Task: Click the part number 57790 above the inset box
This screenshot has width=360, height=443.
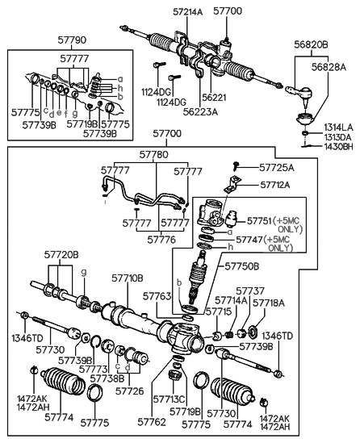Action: [x=72, y=40]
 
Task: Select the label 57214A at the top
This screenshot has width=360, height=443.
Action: [x=187, y=12]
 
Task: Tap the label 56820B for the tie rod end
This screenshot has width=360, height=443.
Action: [x=311, y=44]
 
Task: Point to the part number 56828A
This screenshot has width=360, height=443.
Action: [x=329, y=67]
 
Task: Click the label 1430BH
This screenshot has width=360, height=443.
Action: [x=338, y=147]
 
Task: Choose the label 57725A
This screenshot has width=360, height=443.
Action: [x=277, y=168]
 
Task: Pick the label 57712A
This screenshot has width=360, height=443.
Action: [x=275, y=185]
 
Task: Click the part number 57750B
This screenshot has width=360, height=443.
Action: [x=242, y=266]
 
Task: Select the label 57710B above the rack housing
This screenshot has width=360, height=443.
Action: [x=128, y=278]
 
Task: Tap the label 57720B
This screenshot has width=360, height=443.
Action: [x=61, y=255]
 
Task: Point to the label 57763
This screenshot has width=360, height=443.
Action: [x=157, y=296]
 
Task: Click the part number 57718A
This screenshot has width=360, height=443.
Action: [x=269, y=303]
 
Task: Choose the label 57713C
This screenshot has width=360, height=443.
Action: [x=169, y=399]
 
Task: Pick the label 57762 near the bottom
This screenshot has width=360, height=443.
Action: [x=152, y=422]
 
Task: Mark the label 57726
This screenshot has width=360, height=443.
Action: [x=129, y=391]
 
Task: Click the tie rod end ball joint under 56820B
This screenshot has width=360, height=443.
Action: [x=299, y=94]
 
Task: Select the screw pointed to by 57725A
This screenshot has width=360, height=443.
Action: [x=235, y=166]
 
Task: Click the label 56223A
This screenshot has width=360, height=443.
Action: [x=201, y=112]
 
